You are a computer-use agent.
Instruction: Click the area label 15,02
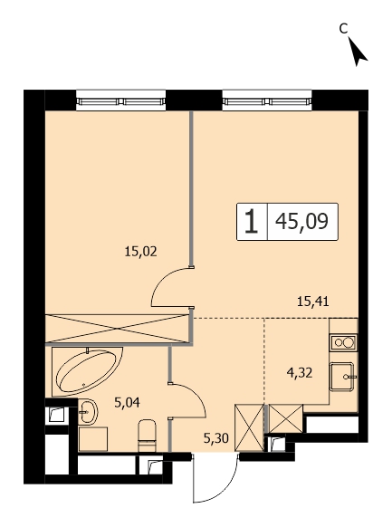(140, 252)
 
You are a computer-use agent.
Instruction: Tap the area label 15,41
(312, 302)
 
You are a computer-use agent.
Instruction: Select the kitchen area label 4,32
(300, 373)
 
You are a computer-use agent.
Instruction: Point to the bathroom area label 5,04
(127, 402)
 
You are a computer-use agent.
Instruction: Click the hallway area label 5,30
(216, 438)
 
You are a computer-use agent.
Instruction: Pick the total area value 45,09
(301, 222)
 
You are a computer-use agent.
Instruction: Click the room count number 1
(252, 222)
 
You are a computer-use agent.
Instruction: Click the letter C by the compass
(342, 29)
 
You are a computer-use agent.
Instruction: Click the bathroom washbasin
(88, 412)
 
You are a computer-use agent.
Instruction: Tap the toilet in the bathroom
(148, 436)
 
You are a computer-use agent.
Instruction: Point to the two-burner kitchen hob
(342, 343)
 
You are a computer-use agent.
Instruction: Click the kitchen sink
(341, 377)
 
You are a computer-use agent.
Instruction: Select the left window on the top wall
(121, 101)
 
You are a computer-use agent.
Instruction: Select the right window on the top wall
(267, 101)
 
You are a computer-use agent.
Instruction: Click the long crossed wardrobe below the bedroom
(117, 329)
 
